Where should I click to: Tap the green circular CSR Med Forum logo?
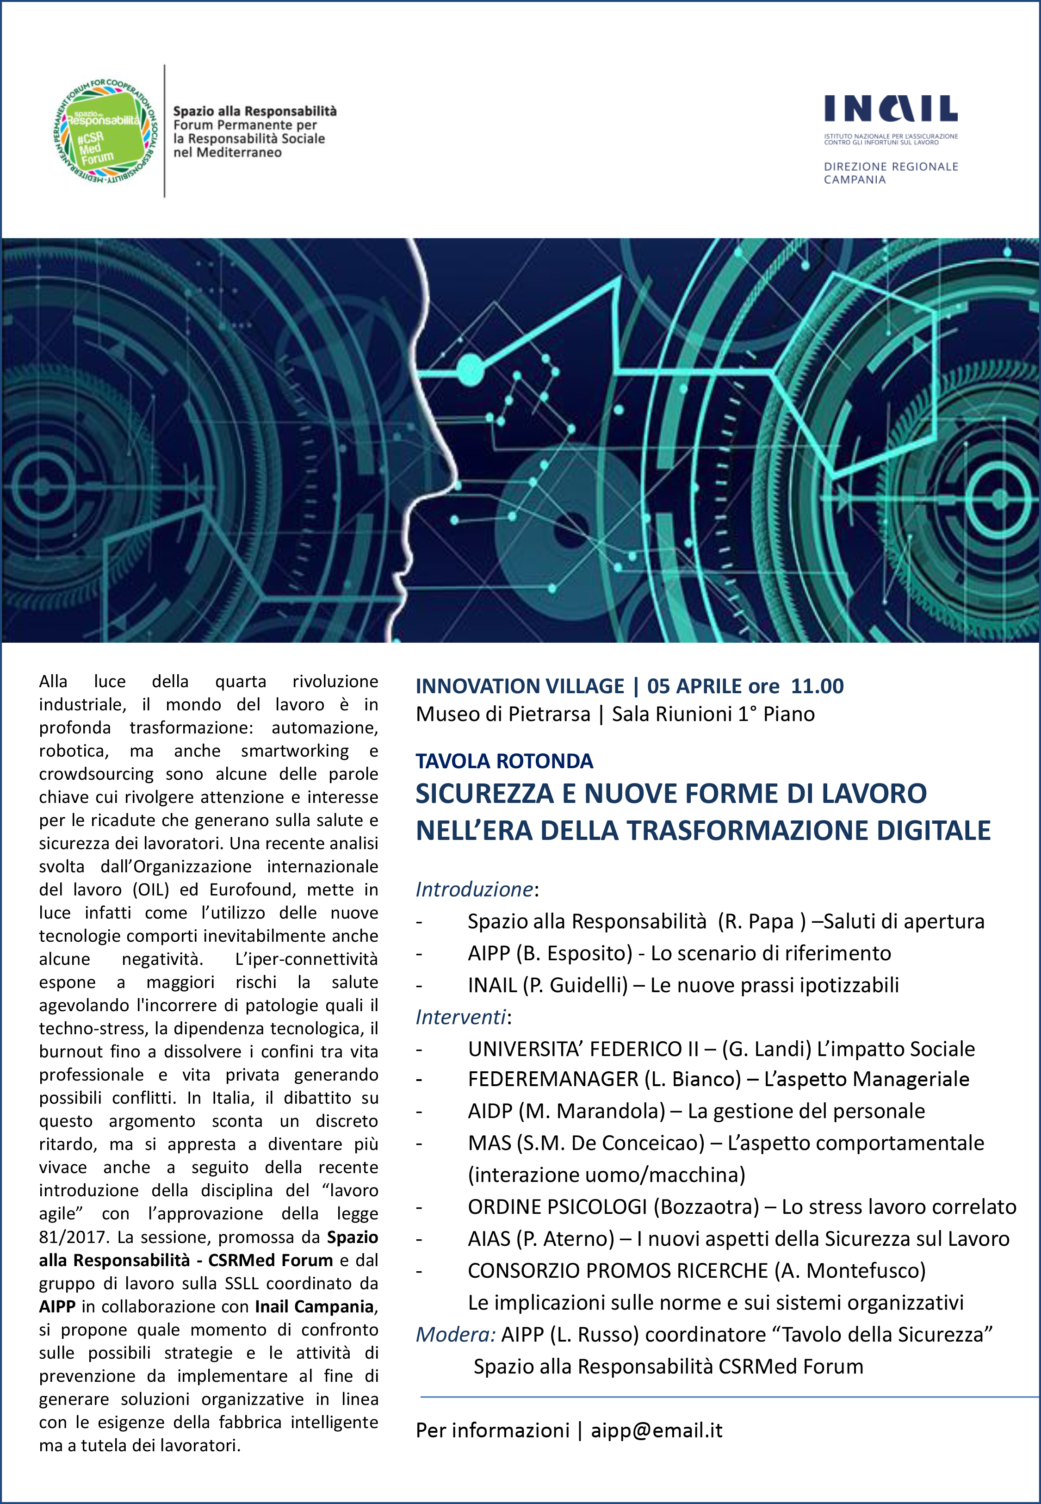[x=104, y=131]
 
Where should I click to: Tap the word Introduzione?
[x=474, y=889]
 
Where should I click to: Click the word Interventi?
[x=460, y=1016]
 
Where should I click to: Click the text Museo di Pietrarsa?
[x=503, y=714]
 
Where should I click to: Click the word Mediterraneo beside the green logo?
[x=228, y=153]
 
